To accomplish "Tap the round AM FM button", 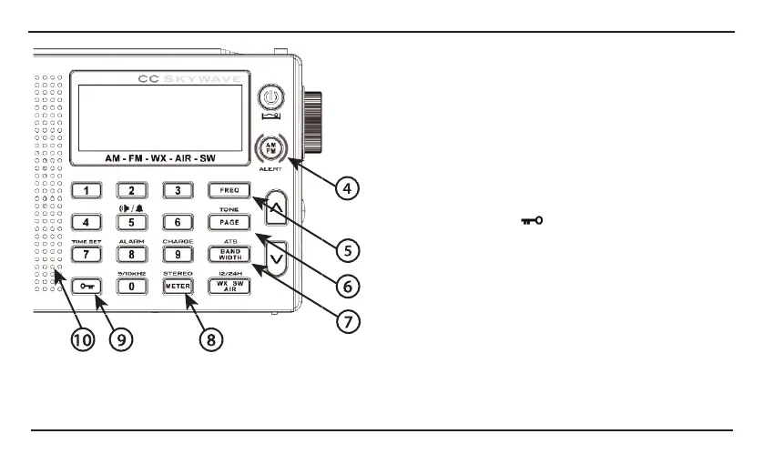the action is pyautogui.click(x=270, y=146).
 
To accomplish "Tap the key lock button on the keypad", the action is pyautogui.click(x=87, y=286).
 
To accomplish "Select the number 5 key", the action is pyautogui.click(x=131, y=222).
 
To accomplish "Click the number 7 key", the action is pyautogui.click(x=87, y=254).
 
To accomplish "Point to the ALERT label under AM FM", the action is pyautogui.click(x=270, y=169).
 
